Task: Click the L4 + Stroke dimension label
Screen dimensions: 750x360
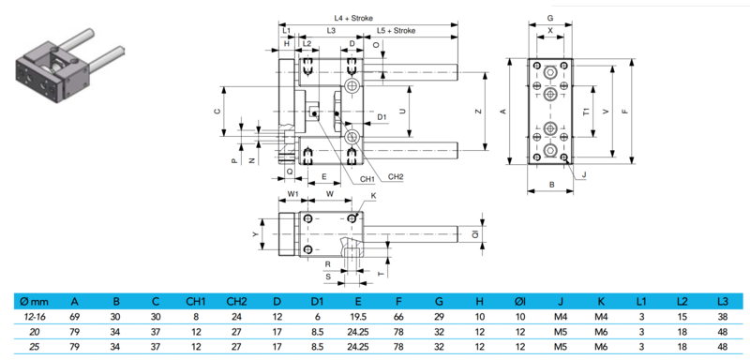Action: click(353, 18)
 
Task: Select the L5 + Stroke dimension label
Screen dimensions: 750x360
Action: click(396, 31)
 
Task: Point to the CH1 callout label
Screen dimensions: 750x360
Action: click(367, 180)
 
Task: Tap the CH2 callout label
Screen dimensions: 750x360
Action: click(396, 177)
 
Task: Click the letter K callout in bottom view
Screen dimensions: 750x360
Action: click(373, 196)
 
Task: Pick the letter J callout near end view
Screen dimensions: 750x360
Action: click(584, 175)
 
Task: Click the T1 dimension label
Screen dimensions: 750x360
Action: click(586, 112)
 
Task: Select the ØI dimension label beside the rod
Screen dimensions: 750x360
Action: click(475, 233)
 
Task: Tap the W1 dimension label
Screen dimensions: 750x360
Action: click(292, 194)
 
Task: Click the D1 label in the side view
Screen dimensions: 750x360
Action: click(382, 116)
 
